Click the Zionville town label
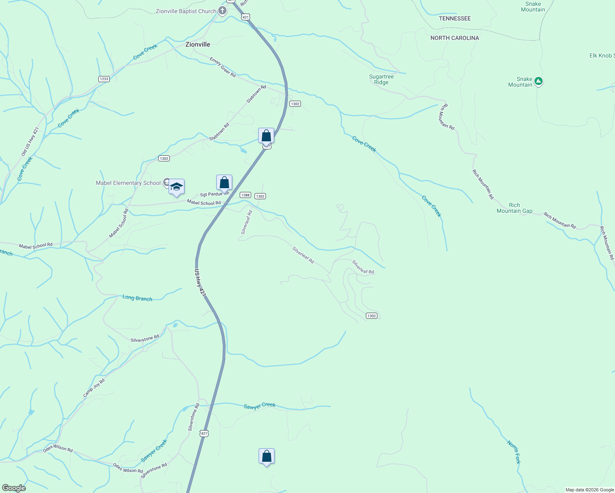(x=198, y=44)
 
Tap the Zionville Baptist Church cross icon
(x=222, y=11)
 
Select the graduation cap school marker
(x=176, y=187)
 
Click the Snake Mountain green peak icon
(x=538, y=81)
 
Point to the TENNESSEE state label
(x=455, y=18)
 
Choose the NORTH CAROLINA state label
(x=455, y=38)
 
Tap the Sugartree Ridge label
(x=381, y=80)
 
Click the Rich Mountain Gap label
(x=514, y=208)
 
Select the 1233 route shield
(x=104, y=79)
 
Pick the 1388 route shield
(x=245, y=195)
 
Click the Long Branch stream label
(x=137, y=298)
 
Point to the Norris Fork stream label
(x=514, y=452)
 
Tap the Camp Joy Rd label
(x=94, y=388)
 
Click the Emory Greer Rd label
(x=223, y=67)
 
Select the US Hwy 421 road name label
(x=200, y=283)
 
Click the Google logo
(x=14, y=488)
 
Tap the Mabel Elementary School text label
(x=128, y=183)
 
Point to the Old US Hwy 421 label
(x=30, y=142)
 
